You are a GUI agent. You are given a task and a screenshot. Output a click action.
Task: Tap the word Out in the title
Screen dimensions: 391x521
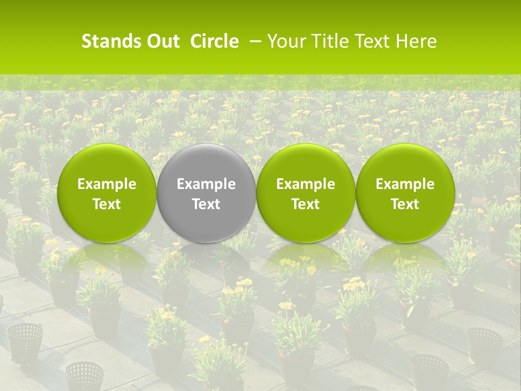pos(162,41)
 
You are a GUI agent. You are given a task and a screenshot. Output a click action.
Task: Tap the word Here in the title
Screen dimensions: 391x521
pos(418,41)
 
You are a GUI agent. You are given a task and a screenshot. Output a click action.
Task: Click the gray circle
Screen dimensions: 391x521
pos(206,163)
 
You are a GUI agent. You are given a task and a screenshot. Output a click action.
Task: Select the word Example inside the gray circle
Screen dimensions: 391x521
pos(206,184)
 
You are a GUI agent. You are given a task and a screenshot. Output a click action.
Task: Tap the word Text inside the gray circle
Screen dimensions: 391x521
pos(206,204)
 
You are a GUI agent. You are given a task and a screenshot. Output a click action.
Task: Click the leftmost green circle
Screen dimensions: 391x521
pos(106,163)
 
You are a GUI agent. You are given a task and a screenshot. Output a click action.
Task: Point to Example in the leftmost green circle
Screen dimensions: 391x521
pos(106,184)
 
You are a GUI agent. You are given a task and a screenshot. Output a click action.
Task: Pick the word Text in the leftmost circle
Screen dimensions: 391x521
pos(106,204)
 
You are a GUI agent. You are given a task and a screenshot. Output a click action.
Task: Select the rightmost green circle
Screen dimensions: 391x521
pos(405,163)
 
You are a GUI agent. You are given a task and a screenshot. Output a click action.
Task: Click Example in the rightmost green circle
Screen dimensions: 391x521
pos(405,184)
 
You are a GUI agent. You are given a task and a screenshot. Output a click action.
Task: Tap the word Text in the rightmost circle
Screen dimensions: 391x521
pos(405,204)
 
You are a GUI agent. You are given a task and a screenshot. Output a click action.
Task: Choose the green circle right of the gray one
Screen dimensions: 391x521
pos(306,163)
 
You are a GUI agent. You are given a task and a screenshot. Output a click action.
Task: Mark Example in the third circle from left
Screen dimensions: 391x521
pos(306,184)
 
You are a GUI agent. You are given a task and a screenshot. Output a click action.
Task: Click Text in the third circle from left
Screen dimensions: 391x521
pos(306,204)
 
